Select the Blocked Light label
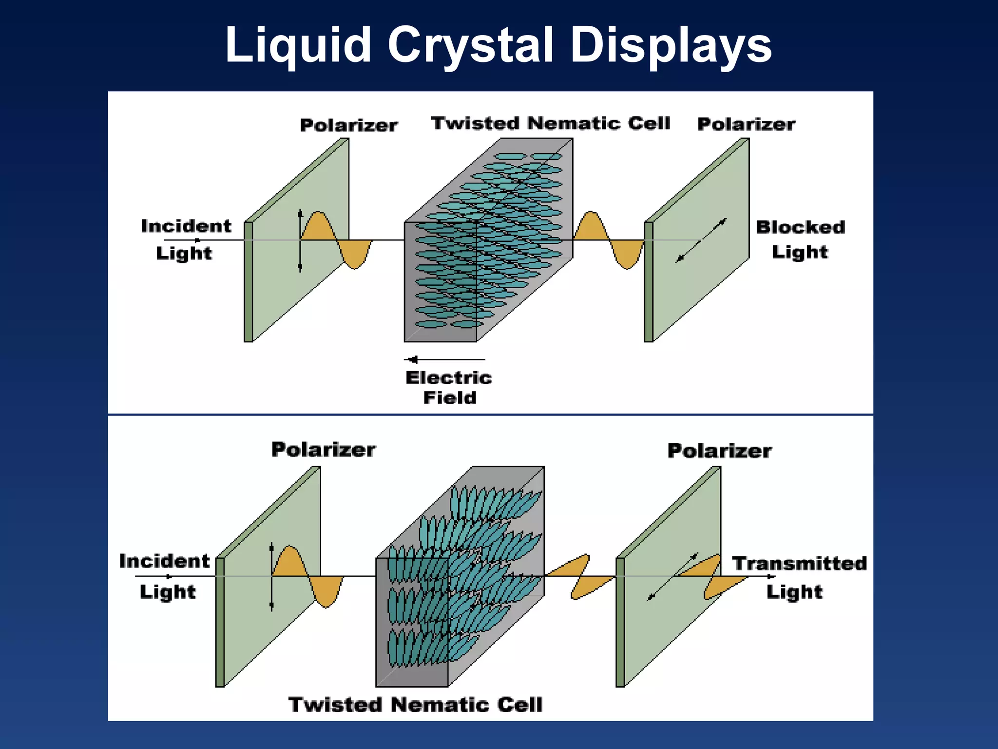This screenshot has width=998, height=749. (x=800, y=239)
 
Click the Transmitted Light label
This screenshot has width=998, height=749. (x=799, y=577)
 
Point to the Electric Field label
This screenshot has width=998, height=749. (x=449, y=388)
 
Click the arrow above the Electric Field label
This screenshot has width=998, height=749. (x=444, y=360)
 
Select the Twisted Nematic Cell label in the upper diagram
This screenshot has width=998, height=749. (x=551, y=123)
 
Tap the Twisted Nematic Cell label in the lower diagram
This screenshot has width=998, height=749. (x=415, y=705)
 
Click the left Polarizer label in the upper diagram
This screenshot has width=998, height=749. (x=349, y=125)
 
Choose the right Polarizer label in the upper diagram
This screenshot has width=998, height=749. (x=746, y=124)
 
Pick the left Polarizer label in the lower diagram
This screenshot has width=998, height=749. (x=324, y=450)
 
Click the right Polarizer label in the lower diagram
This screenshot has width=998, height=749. (x=719, y=451)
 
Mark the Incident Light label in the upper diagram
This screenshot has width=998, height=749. (x=186, y=239)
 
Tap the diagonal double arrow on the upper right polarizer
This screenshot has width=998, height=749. (x=701, y=240)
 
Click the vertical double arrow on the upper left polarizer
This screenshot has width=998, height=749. (x=300, y=240)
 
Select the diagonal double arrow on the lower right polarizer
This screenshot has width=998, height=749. (x=672, y=577)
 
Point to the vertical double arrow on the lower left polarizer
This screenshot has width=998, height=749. (x=271, y=576)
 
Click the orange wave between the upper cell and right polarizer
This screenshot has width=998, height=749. (x=609, y=240)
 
